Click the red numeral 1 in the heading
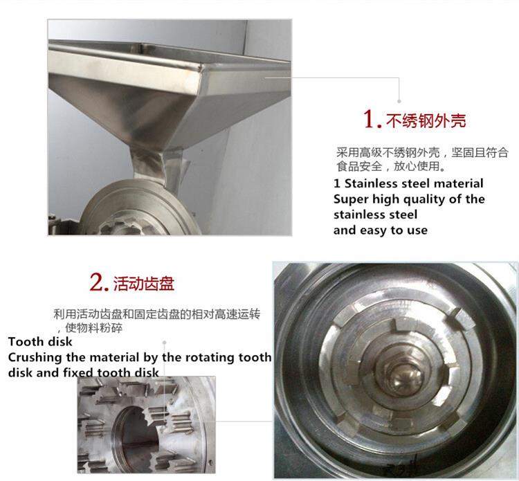tap(370, 119)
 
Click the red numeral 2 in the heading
tap(96, 282)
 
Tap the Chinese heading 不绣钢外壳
tap(426, 120)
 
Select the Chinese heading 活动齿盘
tap(144, 283)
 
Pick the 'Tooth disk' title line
tap(40, 342)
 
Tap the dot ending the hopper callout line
tap(399, 101)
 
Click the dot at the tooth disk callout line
tap(164, 343)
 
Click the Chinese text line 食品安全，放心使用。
tap(391, 166)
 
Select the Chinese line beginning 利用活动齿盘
tap(157, 314)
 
